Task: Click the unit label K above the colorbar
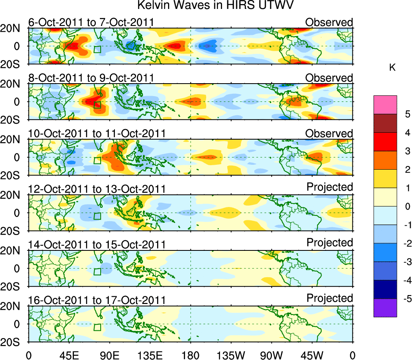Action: pos(392,68)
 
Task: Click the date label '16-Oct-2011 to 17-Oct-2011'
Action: pos(97,300)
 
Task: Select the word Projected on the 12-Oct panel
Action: pos(330,187)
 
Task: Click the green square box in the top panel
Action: pos(97,49)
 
